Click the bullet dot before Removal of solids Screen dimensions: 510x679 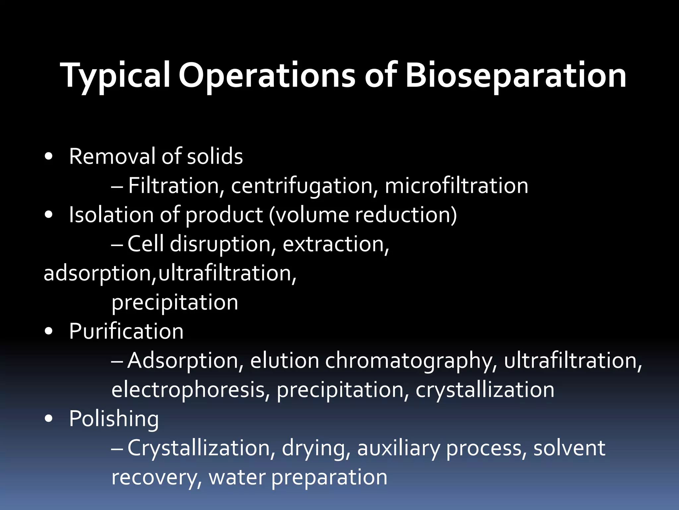(48, 157)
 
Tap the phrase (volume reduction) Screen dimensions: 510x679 (363, 215)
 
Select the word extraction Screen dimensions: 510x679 (336, 244)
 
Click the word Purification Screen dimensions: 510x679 (126, 331)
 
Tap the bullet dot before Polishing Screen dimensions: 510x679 (48, 419)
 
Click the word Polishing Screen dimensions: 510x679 (114, 419)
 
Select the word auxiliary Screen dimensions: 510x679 (398, 448)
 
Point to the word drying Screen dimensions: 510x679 (316, 448)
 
